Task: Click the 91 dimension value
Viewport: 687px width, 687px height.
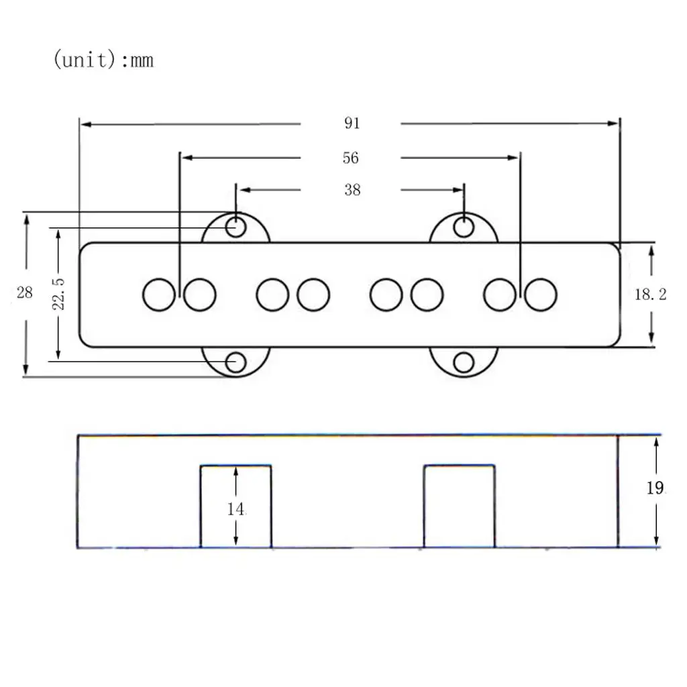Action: (352, 123)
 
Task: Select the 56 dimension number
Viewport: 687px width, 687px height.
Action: (350, 158)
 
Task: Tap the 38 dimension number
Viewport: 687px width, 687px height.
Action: (352, 190)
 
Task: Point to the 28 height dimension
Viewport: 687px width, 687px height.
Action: (25, 293)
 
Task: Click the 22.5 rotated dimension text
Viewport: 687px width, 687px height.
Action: (58, 294)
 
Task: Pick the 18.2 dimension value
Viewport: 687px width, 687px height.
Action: (651, 295)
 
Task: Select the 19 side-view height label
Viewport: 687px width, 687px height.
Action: (655, 488)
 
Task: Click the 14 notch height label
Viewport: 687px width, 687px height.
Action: (235, 509)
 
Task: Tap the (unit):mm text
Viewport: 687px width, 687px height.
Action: (103, 60)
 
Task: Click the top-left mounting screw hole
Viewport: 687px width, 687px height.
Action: (235, 227)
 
